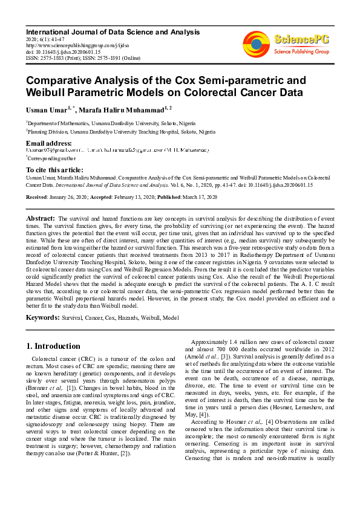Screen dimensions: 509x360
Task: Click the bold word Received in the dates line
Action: [38, 197]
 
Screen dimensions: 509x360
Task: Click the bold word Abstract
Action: [41, 218]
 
